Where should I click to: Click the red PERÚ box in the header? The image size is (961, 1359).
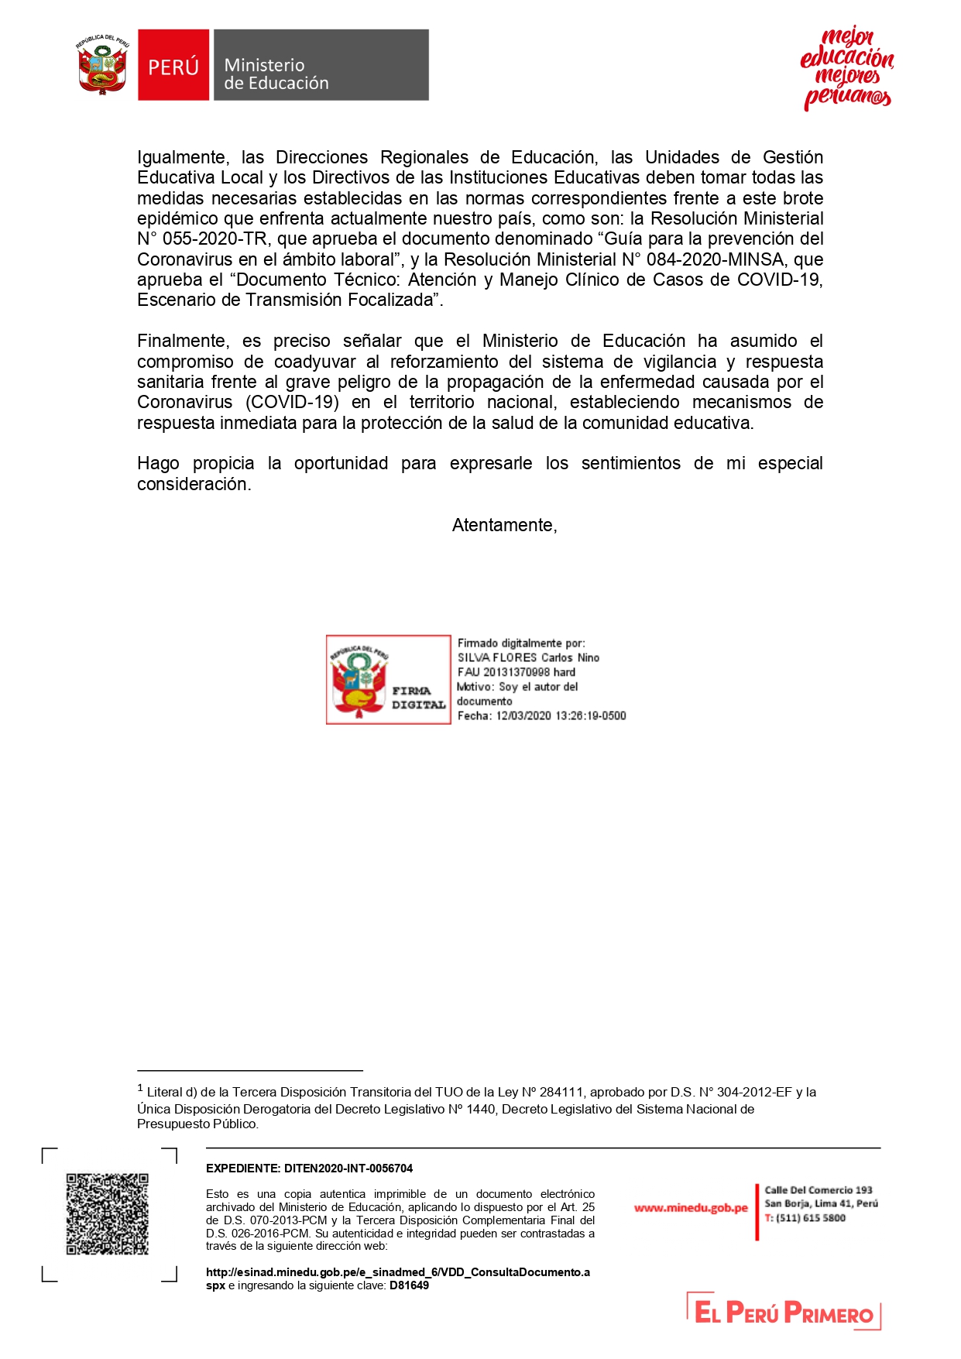[x=173, y=65]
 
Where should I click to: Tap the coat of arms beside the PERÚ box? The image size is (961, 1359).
[x=102, y=65]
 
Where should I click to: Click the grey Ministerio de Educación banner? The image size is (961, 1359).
[x=321, y=65]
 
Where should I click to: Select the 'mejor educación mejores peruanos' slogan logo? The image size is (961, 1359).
[x=846, y=68]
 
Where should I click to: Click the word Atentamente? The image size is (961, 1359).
[x=503, y=525]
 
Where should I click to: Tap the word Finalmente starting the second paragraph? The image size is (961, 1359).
[x=181, y=341]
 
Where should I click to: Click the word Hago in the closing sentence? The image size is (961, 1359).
[x=158, y=464]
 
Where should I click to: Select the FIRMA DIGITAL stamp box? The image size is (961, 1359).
[x=388, y=680]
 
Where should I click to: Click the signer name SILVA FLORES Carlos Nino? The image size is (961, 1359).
[x=528, y=657]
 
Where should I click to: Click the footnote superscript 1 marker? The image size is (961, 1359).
[x=140, y=1088]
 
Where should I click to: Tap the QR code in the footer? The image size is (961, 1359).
[x=107, y=1213]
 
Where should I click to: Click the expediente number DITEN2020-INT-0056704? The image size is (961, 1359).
[x=348, y=1169]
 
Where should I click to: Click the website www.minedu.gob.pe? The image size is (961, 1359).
[x=691, y=1208]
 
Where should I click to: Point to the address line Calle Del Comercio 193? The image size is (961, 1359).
[x=818, y=1190]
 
